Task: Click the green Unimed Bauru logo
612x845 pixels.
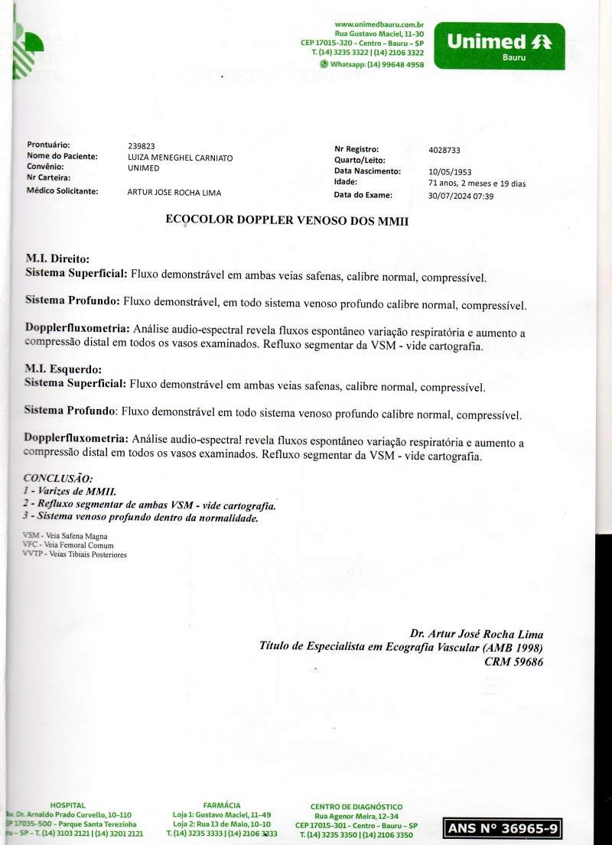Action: point(499,46)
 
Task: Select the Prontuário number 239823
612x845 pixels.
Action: point(141,145)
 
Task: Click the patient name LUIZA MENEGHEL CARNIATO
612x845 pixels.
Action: point(180,158)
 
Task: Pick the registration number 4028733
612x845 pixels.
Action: point(444,151)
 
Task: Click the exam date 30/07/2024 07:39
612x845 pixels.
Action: point(461,196)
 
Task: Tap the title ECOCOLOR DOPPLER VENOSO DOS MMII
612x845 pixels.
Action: point(287,219)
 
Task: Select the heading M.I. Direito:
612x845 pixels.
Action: point(58,259)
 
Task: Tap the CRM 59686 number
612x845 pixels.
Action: point(513,662)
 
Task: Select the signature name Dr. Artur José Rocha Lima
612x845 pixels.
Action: point(476,634)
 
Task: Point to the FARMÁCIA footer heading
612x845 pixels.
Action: point(222,805)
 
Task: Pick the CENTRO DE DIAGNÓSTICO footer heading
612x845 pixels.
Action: point(356,807)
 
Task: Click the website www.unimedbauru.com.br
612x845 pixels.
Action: point(379,25)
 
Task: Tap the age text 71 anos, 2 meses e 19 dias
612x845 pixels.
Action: point(477,184)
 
